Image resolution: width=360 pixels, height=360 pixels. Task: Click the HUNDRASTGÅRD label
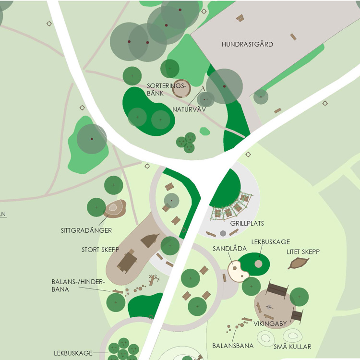tap(247, 44)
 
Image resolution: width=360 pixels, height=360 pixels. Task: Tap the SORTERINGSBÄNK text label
tap(160, 89)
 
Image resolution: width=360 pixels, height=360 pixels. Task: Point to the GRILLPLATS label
tap(247, 224)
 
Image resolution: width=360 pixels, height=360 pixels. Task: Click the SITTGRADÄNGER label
tap(86, 230)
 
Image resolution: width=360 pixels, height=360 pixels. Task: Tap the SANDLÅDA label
tap(229, 249)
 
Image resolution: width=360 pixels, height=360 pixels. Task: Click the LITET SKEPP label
tap(303, 252)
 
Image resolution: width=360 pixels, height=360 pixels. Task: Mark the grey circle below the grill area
tap(223, 234)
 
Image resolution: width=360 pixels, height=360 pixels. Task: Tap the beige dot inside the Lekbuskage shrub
tap(258, 264)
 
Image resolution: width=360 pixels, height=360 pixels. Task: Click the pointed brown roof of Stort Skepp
tap(150, 241)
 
